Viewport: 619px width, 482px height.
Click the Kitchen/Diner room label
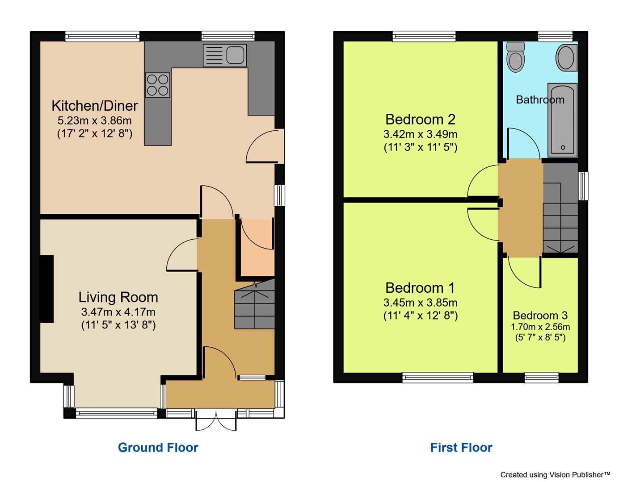point(95,106)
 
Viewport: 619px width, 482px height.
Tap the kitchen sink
point(224,55)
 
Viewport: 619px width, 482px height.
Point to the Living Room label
point(118,297)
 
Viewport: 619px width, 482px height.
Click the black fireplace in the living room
point(46,289)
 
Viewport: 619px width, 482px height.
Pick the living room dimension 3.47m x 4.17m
point(118,312)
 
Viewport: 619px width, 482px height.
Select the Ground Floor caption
point(158,447)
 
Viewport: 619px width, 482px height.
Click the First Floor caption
point(461,447)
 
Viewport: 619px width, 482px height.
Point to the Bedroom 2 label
point(420,120)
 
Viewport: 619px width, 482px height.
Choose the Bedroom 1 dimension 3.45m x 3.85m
point(420,303)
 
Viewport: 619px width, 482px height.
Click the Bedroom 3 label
point(540,316)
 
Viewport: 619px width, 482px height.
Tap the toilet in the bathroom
point(516,57)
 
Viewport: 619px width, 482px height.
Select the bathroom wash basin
point(566,58)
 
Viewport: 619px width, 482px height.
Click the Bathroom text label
point(540,100)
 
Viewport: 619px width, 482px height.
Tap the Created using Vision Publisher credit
point(555,475)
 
